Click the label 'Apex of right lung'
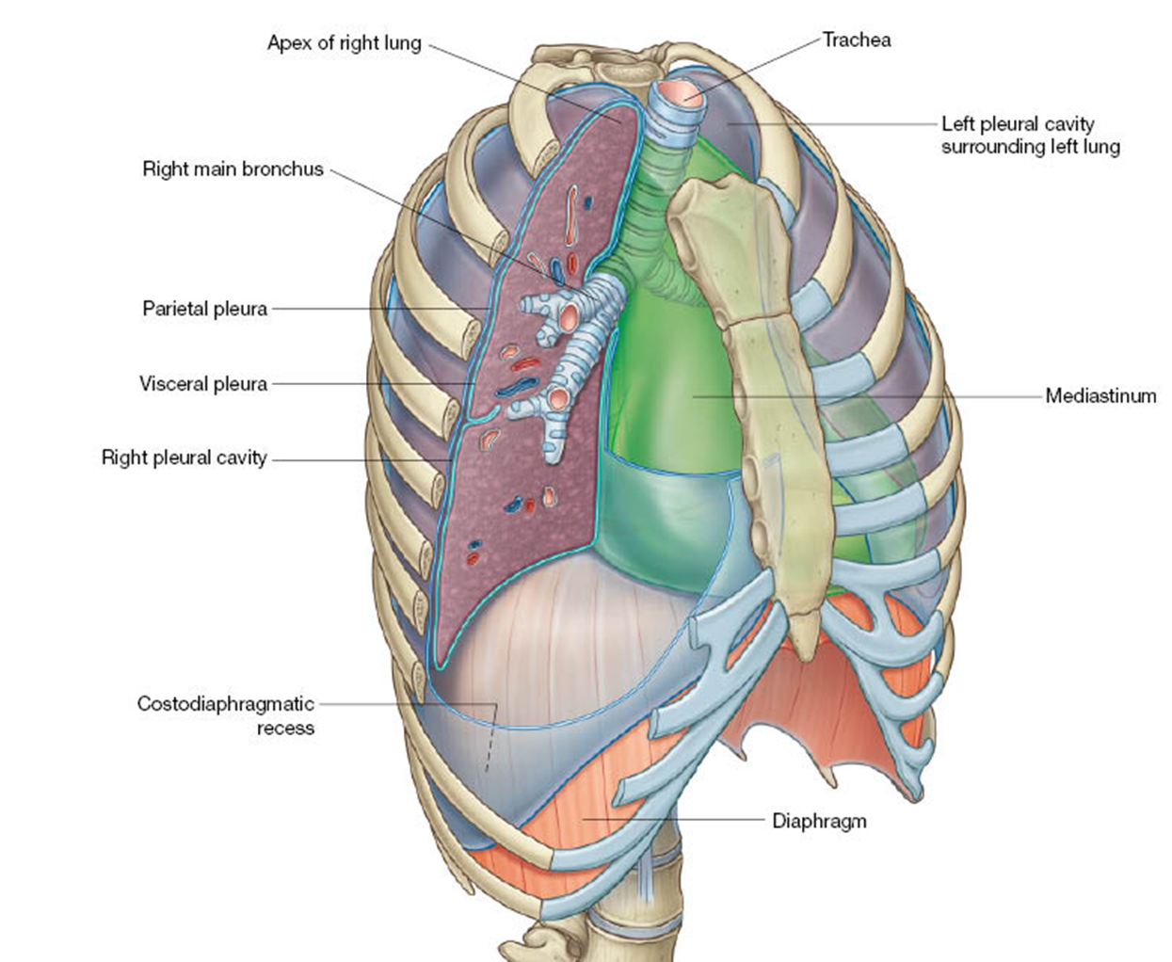pyautogui.click(x=344, y=43)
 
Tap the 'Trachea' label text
pyautogui.click(x=856, y=40)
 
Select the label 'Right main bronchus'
pyautogui.click(x=233, y=169)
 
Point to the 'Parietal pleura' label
pyautogui.click(x=204, y=309)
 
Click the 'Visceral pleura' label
pyautogui.click(x=203, y=384)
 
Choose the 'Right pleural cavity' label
pyautogui.click(x=184, y=458)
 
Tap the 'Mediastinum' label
pyautogui.click(x=1100, y=395)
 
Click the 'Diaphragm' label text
pyautogui.click(x=819, y=821)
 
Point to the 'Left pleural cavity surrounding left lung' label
pyautogui.click(x=1030, y=135)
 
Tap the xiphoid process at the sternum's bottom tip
pyautogui.click(x=803, y=631)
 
